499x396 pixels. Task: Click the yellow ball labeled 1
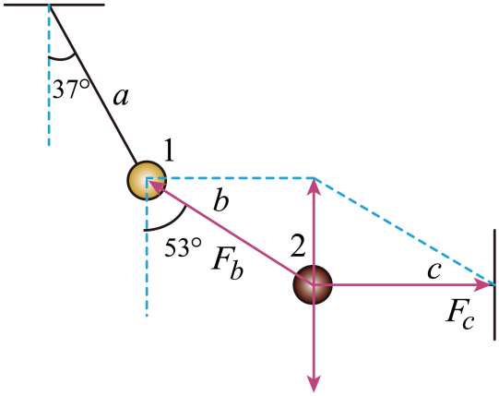click(x=147, y=181)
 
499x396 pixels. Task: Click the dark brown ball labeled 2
click(x=313, y=285)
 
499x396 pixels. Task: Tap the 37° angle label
click(x=71, y=89)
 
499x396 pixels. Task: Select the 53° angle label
click(x=183, y=246)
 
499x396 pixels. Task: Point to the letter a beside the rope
click(x=121, y=97)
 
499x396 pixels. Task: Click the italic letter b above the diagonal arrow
click(x=221, y=200)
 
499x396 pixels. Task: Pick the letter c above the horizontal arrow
click(x=434, y=270)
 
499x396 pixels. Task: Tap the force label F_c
click(x=460, y=318)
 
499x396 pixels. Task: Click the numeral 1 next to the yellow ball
click(x=169, y=150)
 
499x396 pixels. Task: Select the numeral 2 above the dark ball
click(x=298, y=246)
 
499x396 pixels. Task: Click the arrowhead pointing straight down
click(x=314, y=384)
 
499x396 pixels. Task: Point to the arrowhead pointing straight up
click(x=315, y=186)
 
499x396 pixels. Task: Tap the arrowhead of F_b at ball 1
click(x=157, y=187)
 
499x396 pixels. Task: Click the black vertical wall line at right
click(x=495, y=284)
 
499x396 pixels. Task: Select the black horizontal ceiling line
click(x=54, y=5)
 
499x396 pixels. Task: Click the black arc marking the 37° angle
click(x=63, y=58)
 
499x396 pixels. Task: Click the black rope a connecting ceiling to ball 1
click(x=93, y=83)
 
